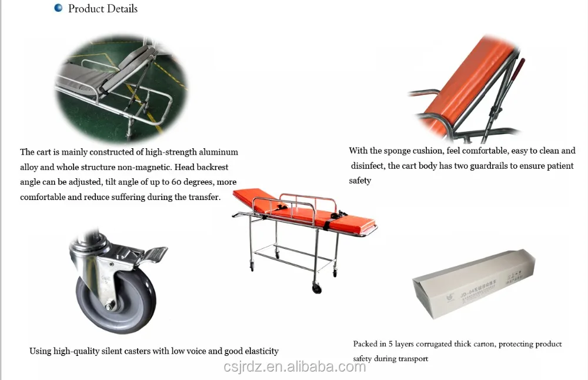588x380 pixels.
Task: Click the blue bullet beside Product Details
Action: coord(58,8)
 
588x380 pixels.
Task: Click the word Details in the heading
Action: coord(120,9)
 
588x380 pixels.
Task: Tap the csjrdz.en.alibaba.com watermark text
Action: coord(294,367)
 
